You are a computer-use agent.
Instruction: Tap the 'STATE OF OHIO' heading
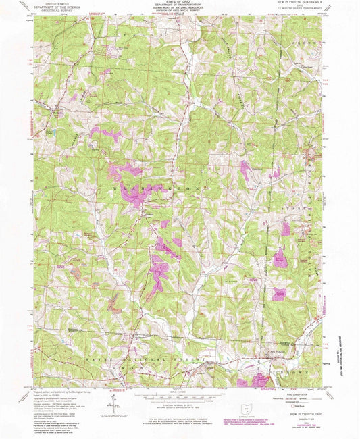click(x=180, y=3)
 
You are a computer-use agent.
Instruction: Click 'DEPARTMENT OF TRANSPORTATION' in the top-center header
click(x=180, y=6)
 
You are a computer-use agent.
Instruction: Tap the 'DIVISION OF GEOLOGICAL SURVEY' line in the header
click(x=180, y=13)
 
